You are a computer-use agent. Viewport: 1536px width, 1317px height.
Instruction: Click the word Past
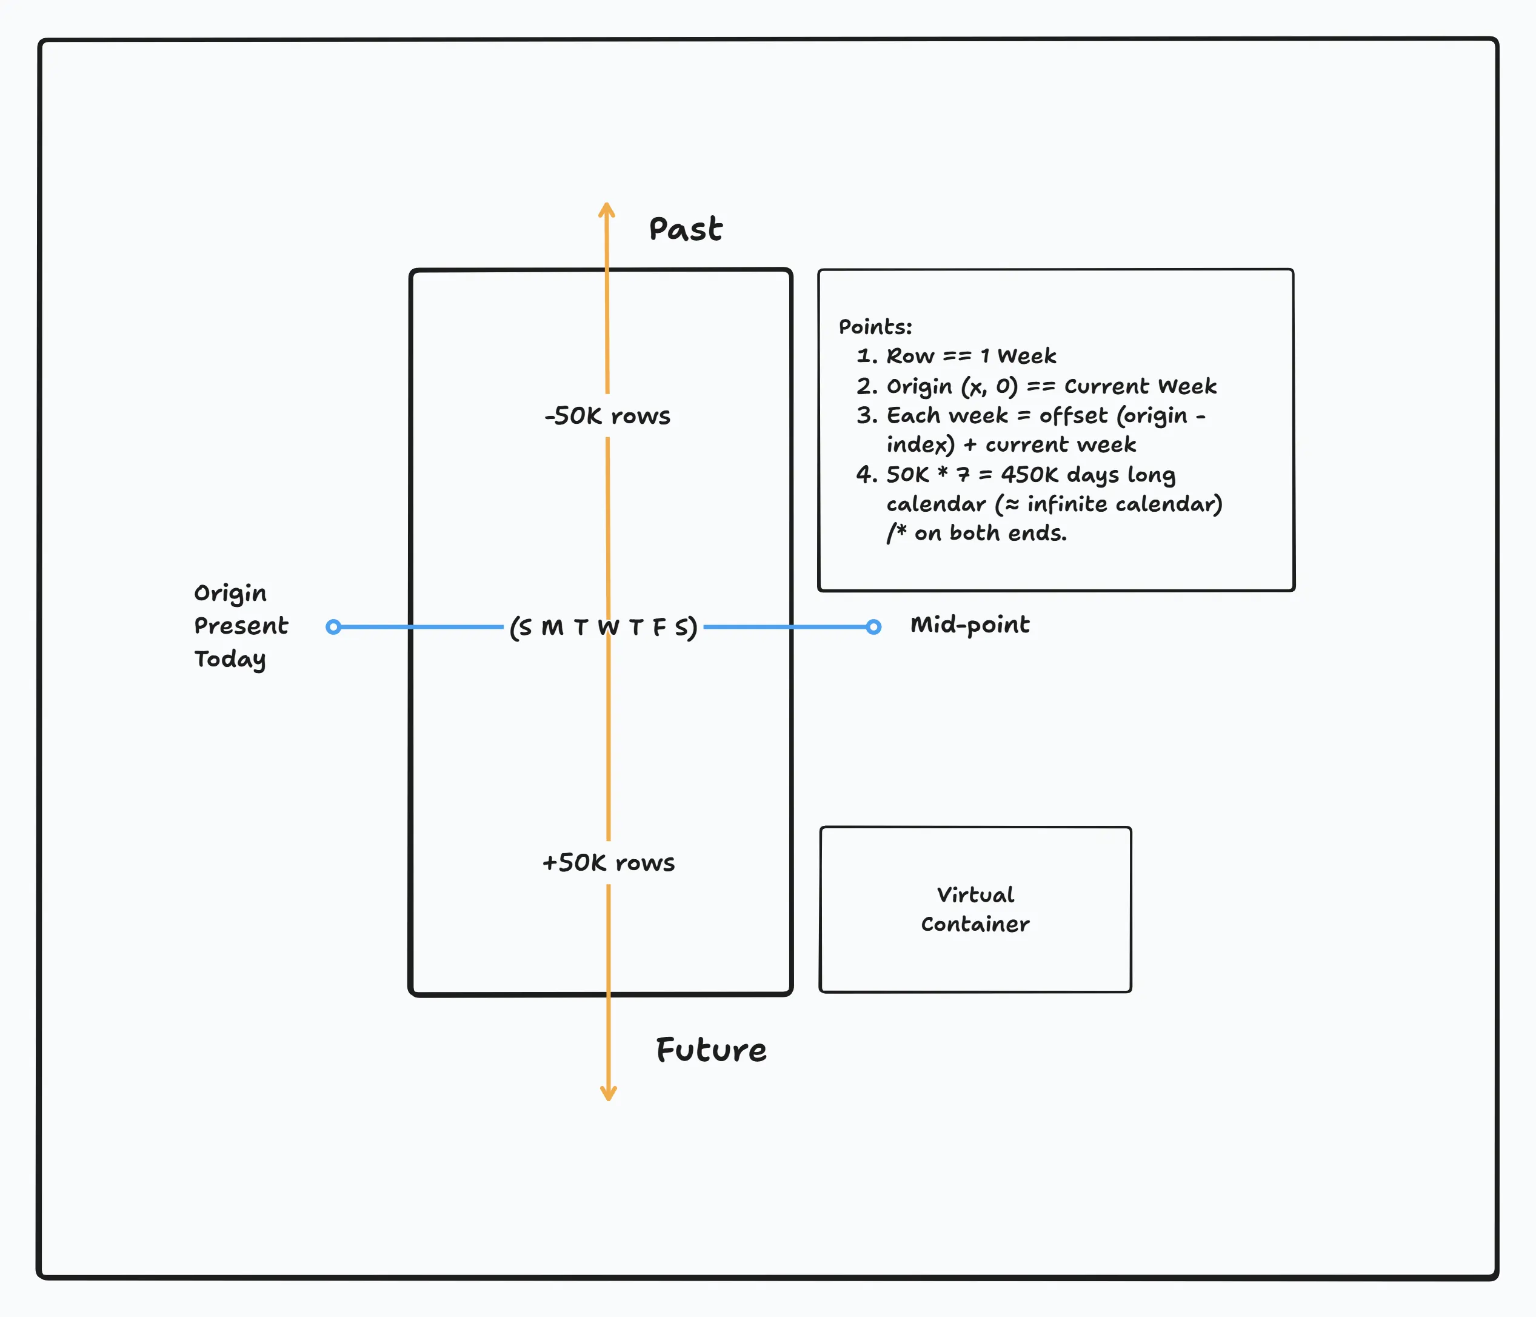click(x=685, y=229)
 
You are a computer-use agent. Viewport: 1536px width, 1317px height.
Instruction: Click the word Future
click(x=711, y=1050)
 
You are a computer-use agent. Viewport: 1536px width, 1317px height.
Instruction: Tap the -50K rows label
click(x=607, y=416)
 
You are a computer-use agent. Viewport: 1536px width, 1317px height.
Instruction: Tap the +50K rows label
click(x=608, y=862)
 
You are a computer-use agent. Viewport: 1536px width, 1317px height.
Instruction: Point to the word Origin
click(x=230, y=593)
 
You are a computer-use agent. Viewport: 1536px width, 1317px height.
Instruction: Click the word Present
click(x=241, y=626)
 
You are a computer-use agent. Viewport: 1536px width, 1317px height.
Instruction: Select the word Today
click(x=230, y=659)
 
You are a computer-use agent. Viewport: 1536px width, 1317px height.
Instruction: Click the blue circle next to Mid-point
click(x=874, y=628)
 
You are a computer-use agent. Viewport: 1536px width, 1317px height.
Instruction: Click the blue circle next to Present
click(x=333, y=628)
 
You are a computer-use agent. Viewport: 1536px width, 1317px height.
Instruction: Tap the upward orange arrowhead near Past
click(x=606, y=209)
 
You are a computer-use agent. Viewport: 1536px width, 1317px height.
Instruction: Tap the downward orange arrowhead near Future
click(x=609, y=1094)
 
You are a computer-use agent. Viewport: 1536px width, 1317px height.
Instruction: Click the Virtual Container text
click(x=975, y=909)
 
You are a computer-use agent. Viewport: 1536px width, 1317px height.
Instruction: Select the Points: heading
click(x=875, y=327)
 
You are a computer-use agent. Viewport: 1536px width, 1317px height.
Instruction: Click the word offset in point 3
click(x=1073, y=416)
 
